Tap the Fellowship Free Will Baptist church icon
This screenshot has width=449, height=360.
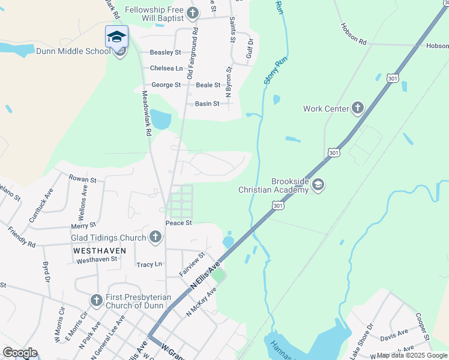click(x=192, y=13)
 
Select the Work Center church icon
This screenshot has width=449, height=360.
click(x=358, y=108)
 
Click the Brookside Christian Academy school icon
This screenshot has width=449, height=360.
click(x=318, y=185)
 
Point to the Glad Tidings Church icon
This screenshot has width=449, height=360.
click(x=155, y=237)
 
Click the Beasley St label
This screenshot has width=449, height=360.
click(x=166, y=53)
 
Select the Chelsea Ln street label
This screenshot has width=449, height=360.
click(x=166, y=68)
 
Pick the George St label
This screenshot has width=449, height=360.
click(x=166, y=85)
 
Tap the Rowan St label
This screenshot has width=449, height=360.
click(x=82, y=179)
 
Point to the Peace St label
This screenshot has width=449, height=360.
click(x=179, y=223)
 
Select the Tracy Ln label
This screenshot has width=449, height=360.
click(x=149, y=264)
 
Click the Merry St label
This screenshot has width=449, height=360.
click(x=83, y=225)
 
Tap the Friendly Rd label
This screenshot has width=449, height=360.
click(x=22, y=237)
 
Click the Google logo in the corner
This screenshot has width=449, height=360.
click(x=20, y=353)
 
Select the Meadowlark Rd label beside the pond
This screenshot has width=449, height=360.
click(x=146, y=112)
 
